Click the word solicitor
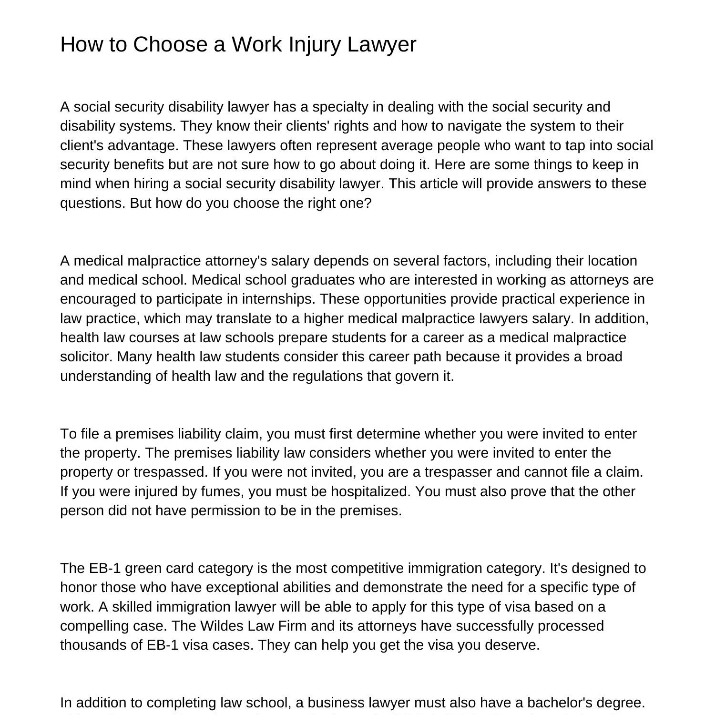click(x=86, y=357)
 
